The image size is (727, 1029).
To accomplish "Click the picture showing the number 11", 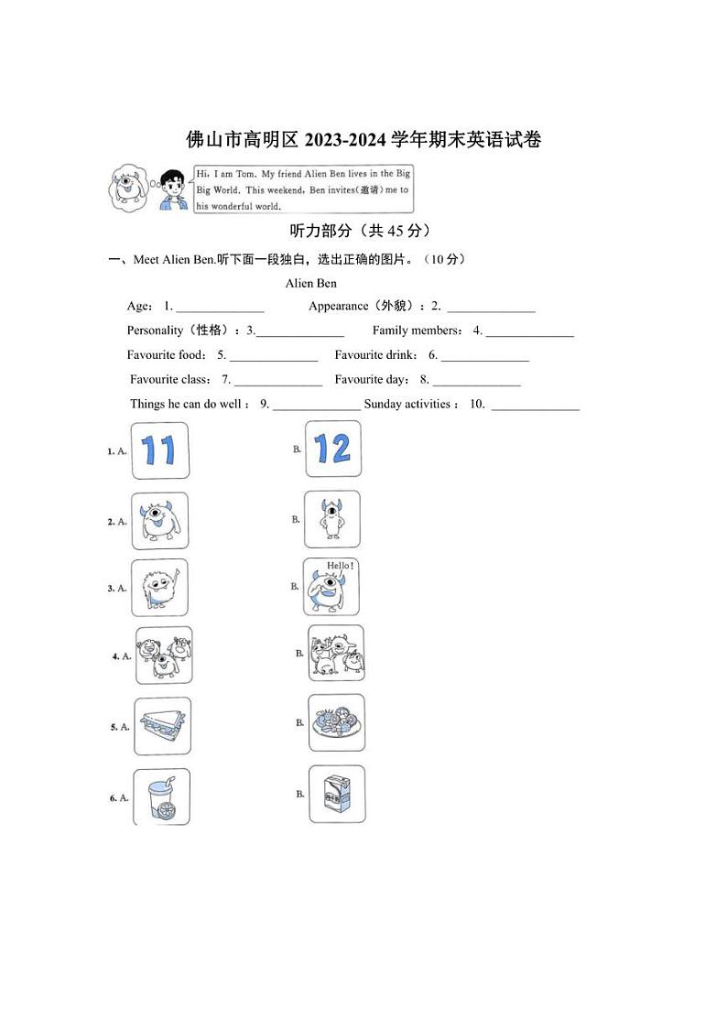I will pyautogui.click(x=160, y=450).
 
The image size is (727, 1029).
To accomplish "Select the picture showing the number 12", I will pyautogui.click(x=332, y=449).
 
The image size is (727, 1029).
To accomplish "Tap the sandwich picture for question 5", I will pyautogui.click(x=162, y=726).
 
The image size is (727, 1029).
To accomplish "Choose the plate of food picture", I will pyautogui.click(x=336, y=722).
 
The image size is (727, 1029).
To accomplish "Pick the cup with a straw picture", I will pyautogui.click(x=161, y=796).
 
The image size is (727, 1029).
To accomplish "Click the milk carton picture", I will pyautogui.click(x=336, y=794).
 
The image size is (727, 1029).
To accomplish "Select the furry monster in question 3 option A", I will pyautogui.click(x=159, y=587).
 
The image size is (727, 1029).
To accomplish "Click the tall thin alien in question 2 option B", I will pyautogui.click(x=331, y=520).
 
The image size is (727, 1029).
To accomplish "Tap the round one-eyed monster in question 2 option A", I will pyautogui.click(x=159, y=521).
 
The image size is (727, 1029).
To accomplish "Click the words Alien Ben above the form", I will pyautogui.click(x=311, y=283).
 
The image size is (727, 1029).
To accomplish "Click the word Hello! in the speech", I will pyautogui.click(x=340, y=566).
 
